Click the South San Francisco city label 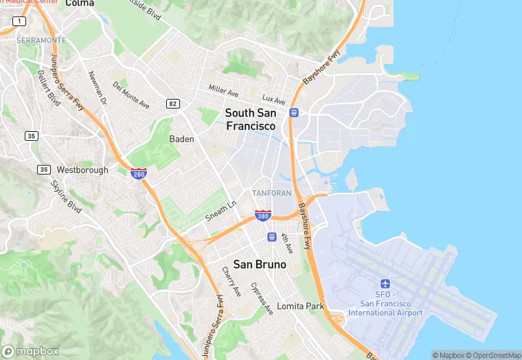(251, 120)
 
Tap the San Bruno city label (260, 264)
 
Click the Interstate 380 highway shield (262, 216)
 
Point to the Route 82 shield (172, 103)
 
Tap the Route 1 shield (19, 21)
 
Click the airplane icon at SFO (385, 284)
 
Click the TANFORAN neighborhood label (271, 194)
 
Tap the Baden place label (182, 139)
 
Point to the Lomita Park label (300, 306)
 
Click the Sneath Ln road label (220, 212)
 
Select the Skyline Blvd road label (67, 196)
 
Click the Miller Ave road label (223, 90)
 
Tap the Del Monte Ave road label (131, 95)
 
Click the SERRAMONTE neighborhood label (42, 41)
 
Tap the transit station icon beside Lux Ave (294, 113)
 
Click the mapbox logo (31, 351)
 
